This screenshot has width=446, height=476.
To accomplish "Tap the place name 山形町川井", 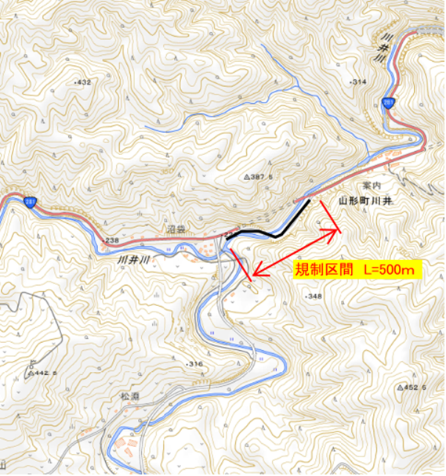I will tap(364, 200).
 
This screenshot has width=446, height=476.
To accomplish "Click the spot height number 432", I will tap(84, 82).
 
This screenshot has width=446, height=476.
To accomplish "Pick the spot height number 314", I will tap(360, 82).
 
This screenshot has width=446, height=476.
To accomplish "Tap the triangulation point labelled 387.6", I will tap(262, 178).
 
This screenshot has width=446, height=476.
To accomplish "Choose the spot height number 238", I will tap(111, 240).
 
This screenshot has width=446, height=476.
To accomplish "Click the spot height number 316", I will tap(194, 365).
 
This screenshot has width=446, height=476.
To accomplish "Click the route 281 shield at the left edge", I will tap(30, 203).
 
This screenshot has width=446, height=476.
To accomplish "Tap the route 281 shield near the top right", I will tap(388, 102).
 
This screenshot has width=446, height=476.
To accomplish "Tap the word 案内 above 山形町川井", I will tap(372, 186).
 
